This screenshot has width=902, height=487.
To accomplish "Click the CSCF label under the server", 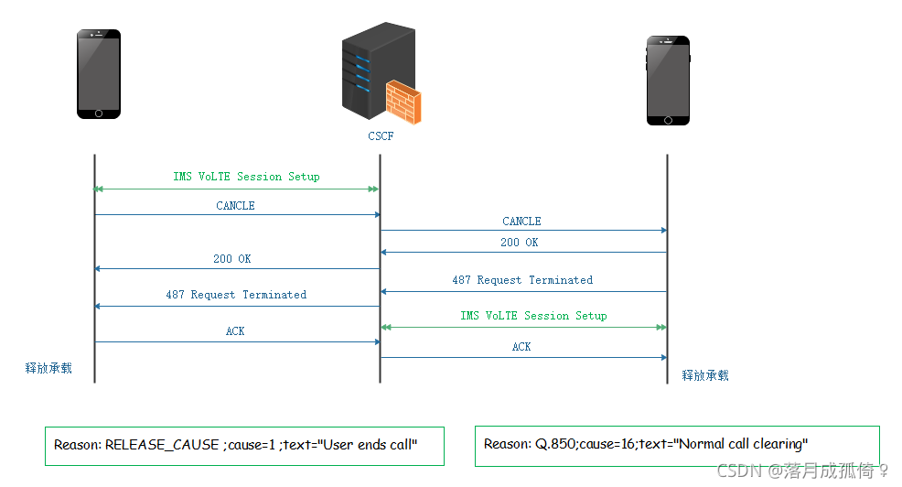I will (x=379, y=137).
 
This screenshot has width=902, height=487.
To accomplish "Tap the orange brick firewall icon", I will (x=403, y=102).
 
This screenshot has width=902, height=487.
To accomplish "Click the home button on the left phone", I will (x=99, y=114).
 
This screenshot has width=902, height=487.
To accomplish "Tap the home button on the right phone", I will (x=667, y=119).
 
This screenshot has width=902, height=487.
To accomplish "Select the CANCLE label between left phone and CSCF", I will (x=235, y=206).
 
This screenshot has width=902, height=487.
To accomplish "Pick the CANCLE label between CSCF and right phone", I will (x=521, y=222).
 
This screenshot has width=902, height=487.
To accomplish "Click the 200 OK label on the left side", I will (x=232, y=259).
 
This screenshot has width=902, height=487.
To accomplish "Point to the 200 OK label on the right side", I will (x=519, y=243).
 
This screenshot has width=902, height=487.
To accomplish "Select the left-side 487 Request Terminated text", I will (x=236, y=295).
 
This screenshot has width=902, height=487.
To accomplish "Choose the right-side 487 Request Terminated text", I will (x=522, y=280).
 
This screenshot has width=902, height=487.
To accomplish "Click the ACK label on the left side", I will (x=235, y=331).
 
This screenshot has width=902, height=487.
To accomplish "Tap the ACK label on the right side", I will (x=521, y=347).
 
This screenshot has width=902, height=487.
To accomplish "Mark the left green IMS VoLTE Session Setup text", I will (x=247, y=177).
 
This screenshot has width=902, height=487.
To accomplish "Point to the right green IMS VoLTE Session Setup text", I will (x=533, y=316).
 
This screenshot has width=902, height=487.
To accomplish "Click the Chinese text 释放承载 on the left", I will (x=48, y=369).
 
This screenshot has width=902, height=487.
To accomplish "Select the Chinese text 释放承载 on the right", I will (x=705, y=375).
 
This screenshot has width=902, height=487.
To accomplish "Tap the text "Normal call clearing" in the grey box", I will (x=742, y=444).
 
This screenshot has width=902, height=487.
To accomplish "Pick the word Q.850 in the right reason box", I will (x=554, y=444).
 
